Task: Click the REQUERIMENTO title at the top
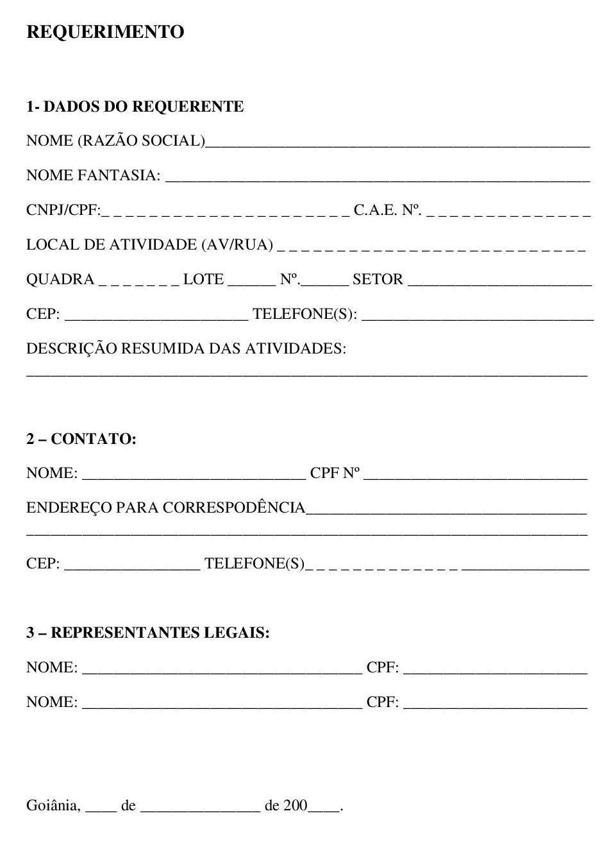[105, 32]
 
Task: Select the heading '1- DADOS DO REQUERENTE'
[135, 107]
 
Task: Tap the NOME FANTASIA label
[94, 175]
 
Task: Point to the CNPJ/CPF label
[63, 210]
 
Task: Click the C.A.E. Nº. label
[387, 210]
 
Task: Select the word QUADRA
[60, 280]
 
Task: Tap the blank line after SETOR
[499, 282]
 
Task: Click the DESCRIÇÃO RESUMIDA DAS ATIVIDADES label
[186, 348]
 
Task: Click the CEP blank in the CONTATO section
[132, 567]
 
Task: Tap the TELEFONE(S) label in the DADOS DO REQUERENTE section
[305, 314]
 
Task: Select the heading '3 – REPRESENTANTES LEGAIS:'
[148, 633]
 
